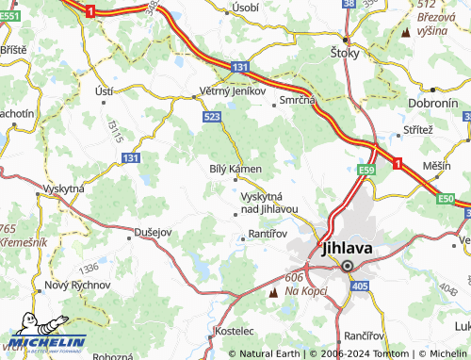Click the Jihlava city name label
(347, 249)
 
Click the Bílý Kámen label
(234, 168)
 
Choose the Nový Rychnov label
(78, 284)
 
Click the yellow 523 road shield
(211, 115)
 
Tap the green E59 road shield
(366, 170)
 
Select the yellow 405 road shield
(358, 284)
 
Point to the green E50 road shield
(446, 199)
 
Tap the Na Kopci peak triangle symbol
(274, 293)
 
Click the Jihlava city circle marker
(347, 266)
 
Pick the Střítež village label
(417, 128)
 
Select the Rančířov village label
(363, 335)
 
